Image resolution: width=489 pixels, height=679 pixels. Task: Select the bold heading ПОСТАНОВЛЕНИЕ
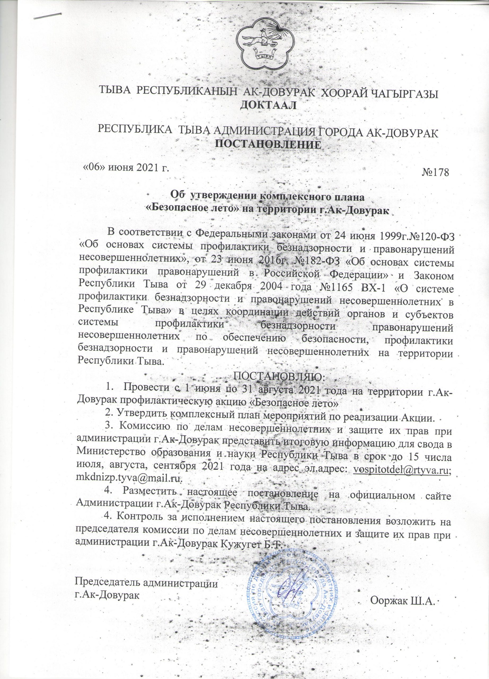click(268, 144)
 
